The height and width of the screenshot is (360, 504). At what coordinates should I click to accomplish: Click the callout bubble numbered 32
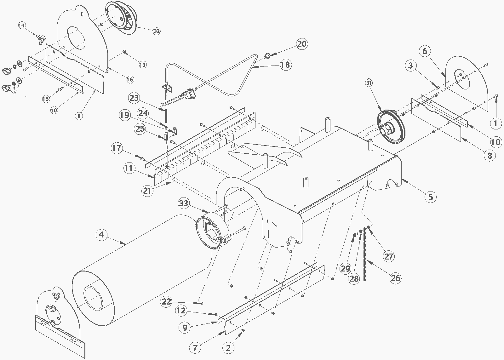(x=157, y=31)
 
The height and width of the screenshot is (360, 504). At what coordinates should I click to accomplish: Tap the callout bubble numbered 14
(x=22, y=26)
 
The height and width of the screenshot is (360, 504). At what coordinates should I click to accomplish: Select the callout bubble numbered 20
(x=302, y=44)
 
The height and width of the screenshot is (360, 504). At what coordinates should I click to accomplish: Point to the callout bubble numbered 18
(x=285, y=65)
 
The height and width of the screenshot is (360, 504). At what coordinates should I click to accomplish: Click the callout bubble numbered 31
(x=369, y=83)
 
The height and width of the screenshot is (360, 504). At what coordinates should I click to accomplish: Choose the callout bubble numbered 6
(x=425, y=51)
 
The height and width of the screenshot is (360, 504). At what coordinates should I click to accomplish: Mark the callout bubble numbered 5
(x=430, y=197)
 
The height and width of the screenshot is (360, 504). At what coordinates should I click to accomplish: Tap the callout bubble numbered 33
(x=183, y=203)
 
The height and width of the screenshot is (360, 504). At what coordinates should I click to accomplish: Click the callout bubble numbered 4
(x=102, y=235)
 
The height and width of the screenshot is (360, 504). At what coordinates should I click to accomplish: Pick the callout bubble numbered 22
(x=167, y=301)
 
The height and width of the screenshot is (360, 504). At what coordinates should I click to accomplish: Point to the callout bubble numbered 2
(x=228, y=348)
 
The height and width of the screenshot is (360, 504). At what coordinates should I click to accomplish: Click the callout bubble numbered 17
(x=117, y=148)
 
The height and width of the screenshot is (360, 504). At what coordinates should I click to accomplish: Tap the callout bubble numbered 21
(x=147, y=191)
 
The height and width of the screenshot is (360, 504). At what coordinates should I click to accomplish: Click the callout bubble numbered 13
(x=143, y=65)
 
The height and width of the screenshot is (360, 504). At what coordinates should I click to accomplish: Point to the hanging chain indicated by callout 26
(x=365, y=257)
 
